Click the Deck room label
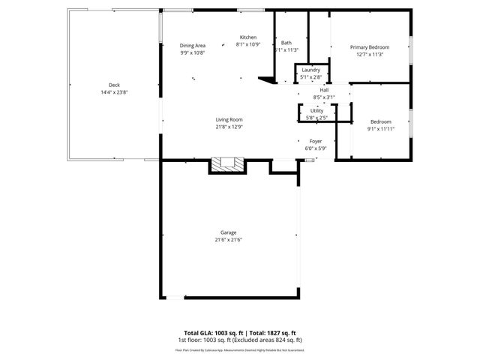point(114,85)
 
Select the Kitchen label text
point(248,37)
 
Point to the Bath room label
point(286,43)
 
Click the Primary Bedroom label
point(370,47)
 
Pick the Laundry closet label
point(310,70)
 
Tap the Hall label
point(325,90)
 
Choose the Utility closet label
point(316,110)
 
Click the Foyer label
point(316,140)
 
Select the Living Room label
point(229,119)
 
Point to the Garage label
point(229,232)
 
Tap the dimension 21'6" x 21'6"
point(229,240)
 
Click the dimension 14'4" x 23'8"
point(114,92)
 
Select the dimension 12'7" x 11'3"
point(370,54)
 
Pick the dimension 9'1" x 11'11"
point(380,129)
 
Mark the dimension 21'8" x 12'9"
point(229,127)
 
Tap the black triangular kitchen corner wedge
point(265,78)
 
